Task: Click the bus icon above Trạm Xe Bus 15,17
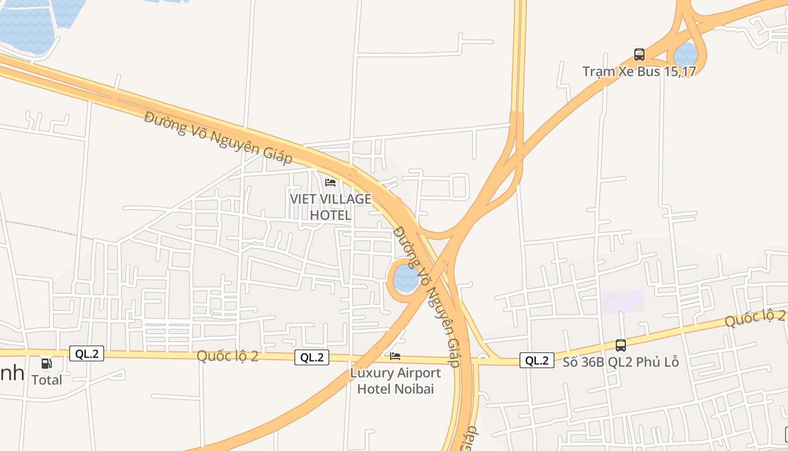tap(639, 55)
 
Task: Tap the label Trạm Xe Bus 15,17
tap(639, 72)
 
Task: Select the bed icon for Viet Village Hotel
tap(330, 183)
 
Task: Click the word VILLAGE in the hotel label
tap(346, 199)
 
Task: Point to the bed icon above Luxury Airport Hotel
tap(395, 356)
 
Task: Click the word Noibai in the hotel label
tap(414, 388)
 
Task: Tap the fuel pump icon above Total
tap(47, 364)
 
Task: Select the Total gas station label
tap(47, 380)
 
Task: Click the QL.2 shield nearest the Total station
tap(87, 354)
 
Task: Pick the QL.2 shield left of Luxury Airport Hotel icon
tap(312, 357)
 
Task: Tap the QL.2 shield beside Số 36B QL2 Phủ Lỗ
tap(537, 361)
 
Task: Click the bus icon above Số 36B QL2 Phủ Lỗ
tap(621, 346)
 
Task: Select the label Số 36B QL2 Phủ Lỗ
tap(621, 362)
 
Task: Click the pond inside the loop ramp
tap(406, 279)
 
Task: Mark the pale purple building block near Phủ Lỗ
tap(623, 302)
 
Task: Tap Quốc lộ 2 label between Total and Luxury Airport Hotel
tap(227, 356)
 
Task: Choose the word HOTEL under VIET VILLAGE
tap(330, 215)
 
